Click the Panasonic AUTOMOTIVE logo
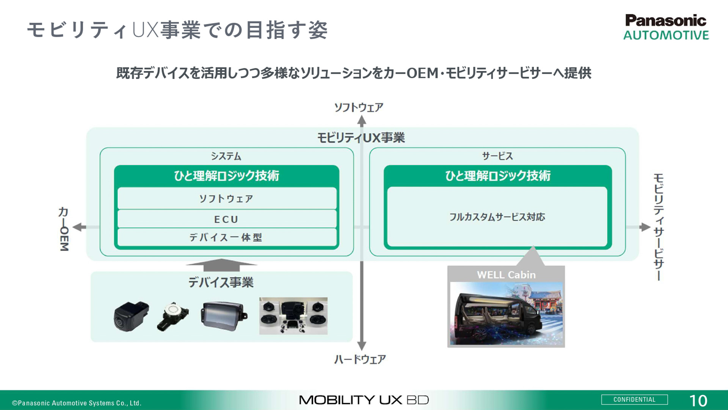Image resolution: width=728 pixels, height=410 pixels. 666,27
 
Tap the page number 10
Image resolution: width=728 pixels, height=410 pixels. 698,401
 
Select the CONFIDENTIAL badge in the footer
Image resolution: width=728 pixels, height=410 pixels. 634,400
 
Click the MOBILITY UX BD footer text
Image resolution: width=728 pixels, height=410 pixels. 364,400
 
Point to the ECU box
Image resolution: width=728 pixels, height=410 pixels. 227,219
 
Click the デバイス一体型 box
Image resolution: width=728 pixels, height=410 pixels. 227,238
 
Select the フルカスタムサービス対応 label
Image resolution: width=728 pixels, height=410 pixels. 497,217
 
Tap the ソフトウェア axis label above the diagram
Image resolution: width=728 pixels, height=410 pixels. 358,107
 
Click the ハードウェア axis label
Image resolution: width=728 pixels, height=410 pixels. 360,359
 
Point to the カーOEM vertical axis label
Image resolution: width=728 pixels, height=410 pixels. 64,229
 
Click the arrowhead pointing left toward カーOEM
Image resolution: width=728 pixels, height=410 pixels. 78,227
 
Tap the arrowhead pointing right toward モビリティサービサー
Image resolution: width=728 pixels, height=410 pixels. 645,227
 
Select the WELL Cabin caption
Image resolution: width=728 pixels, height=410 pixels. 506,275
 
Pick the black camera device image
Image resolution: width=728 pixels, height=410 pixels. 131,316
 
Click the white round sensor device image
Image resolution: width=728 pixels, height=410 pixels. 173,316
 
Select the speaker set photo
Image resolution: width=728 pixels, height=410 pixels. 293,316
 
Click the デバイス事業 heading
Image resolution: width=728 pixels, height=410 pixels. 221,282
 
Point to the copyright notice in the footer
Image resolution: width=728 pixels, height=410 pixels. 77,403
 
